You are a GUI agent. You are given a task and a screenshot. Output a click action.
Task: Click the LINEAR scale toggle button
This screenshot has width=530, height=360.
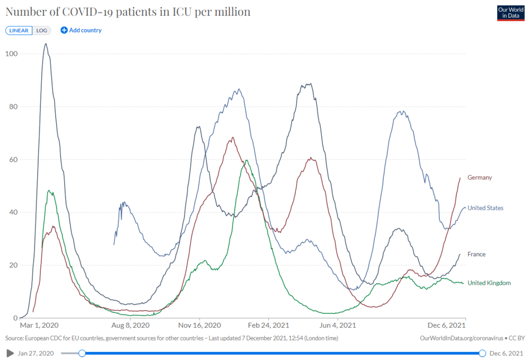(19, 30)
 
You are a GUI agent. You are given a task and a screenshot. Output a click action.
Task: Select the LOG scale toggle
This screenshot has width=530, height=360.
(42, 30)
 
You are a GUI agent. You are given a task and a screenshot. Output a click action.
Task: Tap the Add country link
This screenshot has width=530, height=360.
(81, 30)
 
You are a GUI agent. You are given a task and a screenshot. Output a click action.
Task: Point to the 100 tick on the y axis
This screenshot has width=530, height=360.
(11, 54)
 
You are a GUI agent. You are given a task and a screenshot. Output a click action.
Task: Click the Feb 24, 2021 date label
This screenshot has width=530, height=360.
(268, 326)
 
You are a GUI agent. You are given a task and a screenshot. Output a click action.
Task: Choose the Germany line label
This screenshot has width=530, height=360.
(480, 178)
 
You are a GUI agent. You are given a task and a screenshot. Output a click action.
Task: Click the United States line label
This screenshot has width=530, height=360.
(485, 208)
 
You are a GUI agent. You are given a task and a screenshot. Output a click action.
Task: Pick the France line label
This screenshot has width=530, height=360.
(476, 254)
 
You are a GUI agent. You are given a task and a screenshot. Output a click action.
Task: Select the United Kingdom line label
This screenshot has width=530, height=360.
(489, 283)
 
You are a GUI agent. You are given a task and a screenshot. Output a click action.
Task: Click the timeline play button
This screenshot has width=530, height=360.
(9, 353)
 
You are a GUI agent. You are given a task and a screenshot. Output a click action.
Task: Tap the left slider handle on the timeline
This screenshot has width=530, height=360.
(82, 353)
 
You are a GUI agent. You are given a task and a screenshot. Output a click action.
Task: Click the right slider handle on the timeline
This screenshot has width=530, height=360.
(482, 353)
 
